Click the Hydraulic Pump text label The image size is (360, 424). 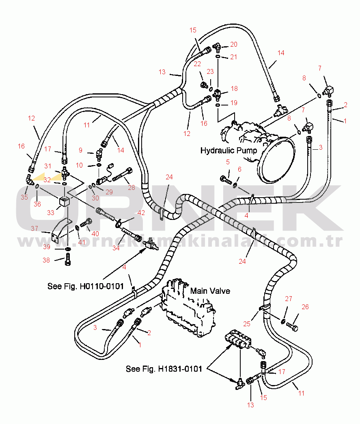229,151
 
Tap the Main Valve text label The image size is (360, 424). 210,291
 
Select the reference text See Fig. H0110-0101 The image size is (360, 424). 86,286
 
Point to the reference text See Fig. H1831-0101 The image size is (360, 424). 164,369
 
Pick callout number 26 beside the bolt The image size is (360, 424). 305,307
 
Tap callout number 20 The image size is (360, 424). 234,44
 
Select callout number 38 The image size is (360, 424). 46,260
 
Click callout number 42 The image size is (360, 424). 141,213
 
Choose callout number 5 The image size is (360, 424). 228,162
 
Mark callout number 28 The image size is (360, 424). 131,187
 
